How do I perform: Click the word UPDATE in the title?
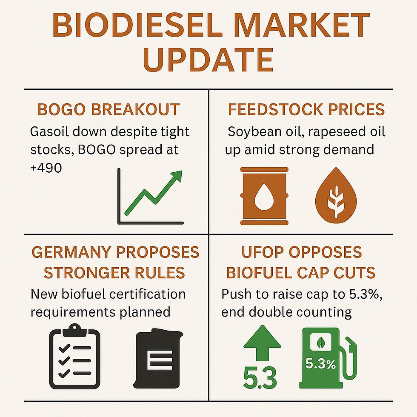pyautogui.click(x=208, y=60)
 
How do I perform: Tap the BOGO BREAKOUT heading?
pyautogui.click(x=109, y=109)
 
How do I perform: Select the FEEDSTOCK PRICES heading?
pyautogui.click(x=306, y=109)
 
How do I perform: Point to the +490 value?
pyautogui.click(x=46, y=168)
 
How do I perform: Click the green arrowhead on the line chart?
pyautogui.click(x=176, y=176)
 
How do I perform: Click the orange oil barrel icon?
pyautogui.click(x=264, y=196)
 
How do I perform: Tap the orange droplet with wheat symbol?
pyautogui.click(x=336, y=195)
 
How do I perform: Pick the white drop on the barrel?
pyautogui.click(x=264, y=196)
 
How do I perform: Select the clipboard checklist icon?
pyautogui.click(x=75, y=357)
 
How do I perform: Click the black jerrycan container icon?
pyautogui.click(x=158, y=358)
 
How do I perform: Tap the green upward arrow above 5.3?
pyautogui.click(x=262, y=343)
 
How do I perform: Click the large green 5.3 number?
pyautogui.click(x=260, y=378)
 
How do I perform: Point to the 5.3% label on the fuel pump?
pyautogui.click(x=320, y=363)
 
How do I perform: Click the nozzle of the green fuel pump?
pyautogui.click(x=351, y=346)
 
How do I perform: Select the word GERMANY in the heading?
pyautogui.click(x=71, y=252)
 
